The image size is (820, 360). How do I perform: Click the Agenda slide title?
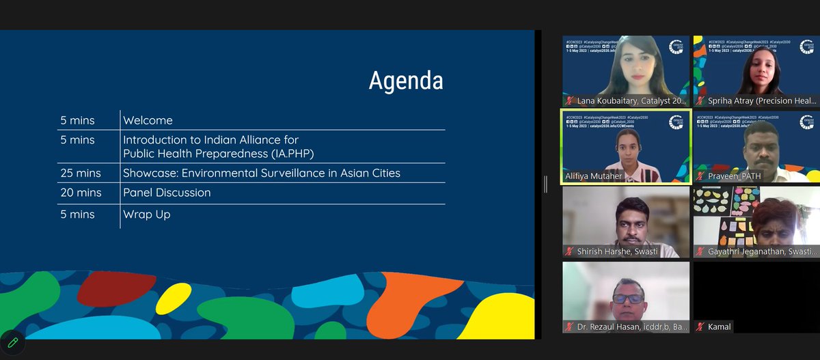click(406, 81)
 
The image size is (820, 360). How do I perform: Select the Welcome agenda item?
click(148, 121)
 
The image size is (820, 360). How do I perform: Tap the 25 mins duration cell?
click(80, 174)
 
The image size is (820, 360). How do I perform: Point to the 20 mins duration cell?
click(80, 193)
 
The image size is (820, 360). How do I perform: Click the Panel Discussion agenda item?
click(167, 193)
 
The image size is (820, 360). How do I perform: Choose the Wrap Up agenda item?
click(146, 214)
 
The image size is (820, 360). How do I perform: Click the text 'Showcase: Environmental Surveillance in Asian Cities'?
click(262, 174)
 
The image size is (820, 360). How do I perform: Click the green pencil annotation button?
click(13, 343)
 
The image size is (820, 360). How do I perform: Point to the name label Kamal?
click(719, 327)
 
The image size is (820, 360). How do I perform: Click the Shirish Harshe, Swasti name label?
click(617, 251)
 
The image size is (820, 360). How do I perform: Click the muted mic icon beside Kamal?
click(700, 327)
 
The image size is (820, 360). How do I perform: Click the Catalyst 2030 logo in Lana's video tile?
click(676, 47)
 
